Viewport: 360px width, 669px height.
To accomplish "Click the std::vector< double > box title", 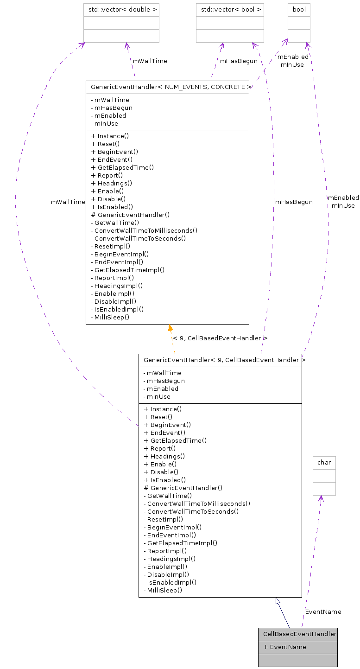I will pyautogui.click(x=121, y=9).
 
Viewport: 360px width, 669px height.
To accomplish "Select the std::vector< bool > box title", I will pyautogui.click(x=230, y=9).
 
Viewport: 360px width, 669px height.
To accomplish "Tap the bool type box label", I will pyautogui.click(x=299, y=9).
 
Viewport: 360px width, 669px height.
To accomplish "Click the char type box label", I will pyautogui.click(x=324, y=462).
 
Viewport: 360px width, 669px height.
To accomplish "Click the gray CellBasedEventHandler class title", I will pyautogui.click(x=297, y=634).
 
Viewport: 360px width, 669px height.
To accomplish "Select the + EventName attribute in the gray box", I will pyautogui.click(x=284, y=647).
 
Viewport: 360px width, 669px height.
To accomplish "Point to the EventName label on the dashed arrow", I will pyautogui.click(x=323, y=612).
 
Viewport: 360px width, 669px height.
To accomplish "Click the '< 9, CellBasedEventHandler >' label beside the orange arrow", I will pyautogui.click(x=220, y=338).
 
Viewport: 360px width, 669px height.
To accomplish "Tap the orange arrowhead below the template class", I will pyautogui.click(x=171, y=328).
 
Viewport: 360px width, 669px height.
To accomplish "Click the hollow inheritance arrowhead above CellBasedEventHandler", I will pyautogui.click(x=278, y=601).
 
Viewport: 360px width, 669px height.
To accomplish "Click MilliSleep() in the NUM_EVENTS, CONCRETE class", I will pyautogui.click(x=112, y=317).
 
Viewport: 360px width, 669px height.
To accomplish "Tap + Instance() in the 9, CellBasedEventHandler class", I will pyautogui.click(x=163, y=409).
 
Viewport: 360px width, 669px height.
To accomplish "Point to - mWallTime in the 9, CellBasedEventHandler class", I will pyautogui.click(x=162, y=373).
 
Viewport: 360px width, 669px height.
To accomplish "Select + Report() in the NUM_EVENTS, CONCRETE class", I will pyautogui.click(x=107, y=175).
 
